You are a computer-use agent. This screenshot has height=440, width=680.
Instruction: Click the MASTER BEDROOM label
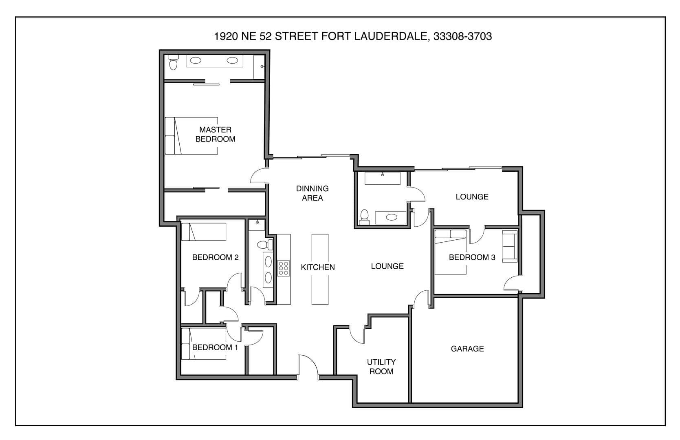click(215, 134)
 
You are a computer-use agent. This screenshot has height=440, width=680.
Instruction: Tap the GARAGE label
click(467, 349)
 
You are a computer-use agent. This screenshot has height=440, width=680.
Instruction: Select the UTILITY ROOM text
click(381, 367)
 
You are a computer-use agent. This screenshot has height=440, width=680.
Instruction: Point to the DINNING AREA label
click(312, 193)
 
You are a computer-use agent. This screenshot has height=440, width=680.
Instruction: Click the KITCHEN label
click(318, 267)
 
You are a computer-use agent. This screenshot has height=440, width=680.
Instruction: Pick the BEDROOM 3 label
click(472, 257)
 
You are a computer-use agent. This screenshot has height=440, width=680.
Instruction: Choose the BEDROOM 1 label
click(215, 347)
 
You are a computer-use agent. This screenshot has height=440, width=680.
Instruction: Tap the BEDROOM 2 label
click(215, 257)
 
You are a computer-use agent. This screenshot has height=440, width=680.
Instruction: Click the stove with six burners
click(284, 268)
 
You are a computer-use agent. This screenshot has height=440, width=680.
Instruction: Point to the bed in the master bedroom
click(191, 136)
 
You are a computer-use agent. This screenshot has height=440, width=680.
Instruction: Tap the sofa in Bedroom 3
click(510, 246)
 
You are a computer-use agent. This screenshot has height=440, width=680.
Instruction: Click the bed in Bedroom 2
click(203, 232)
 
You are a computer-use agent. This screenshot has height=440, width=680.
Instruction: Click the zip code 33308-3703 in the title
click(462, 36)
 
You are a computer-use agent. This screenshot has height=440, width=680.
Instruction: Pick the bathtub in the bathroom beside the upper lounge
click(382, 178)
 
